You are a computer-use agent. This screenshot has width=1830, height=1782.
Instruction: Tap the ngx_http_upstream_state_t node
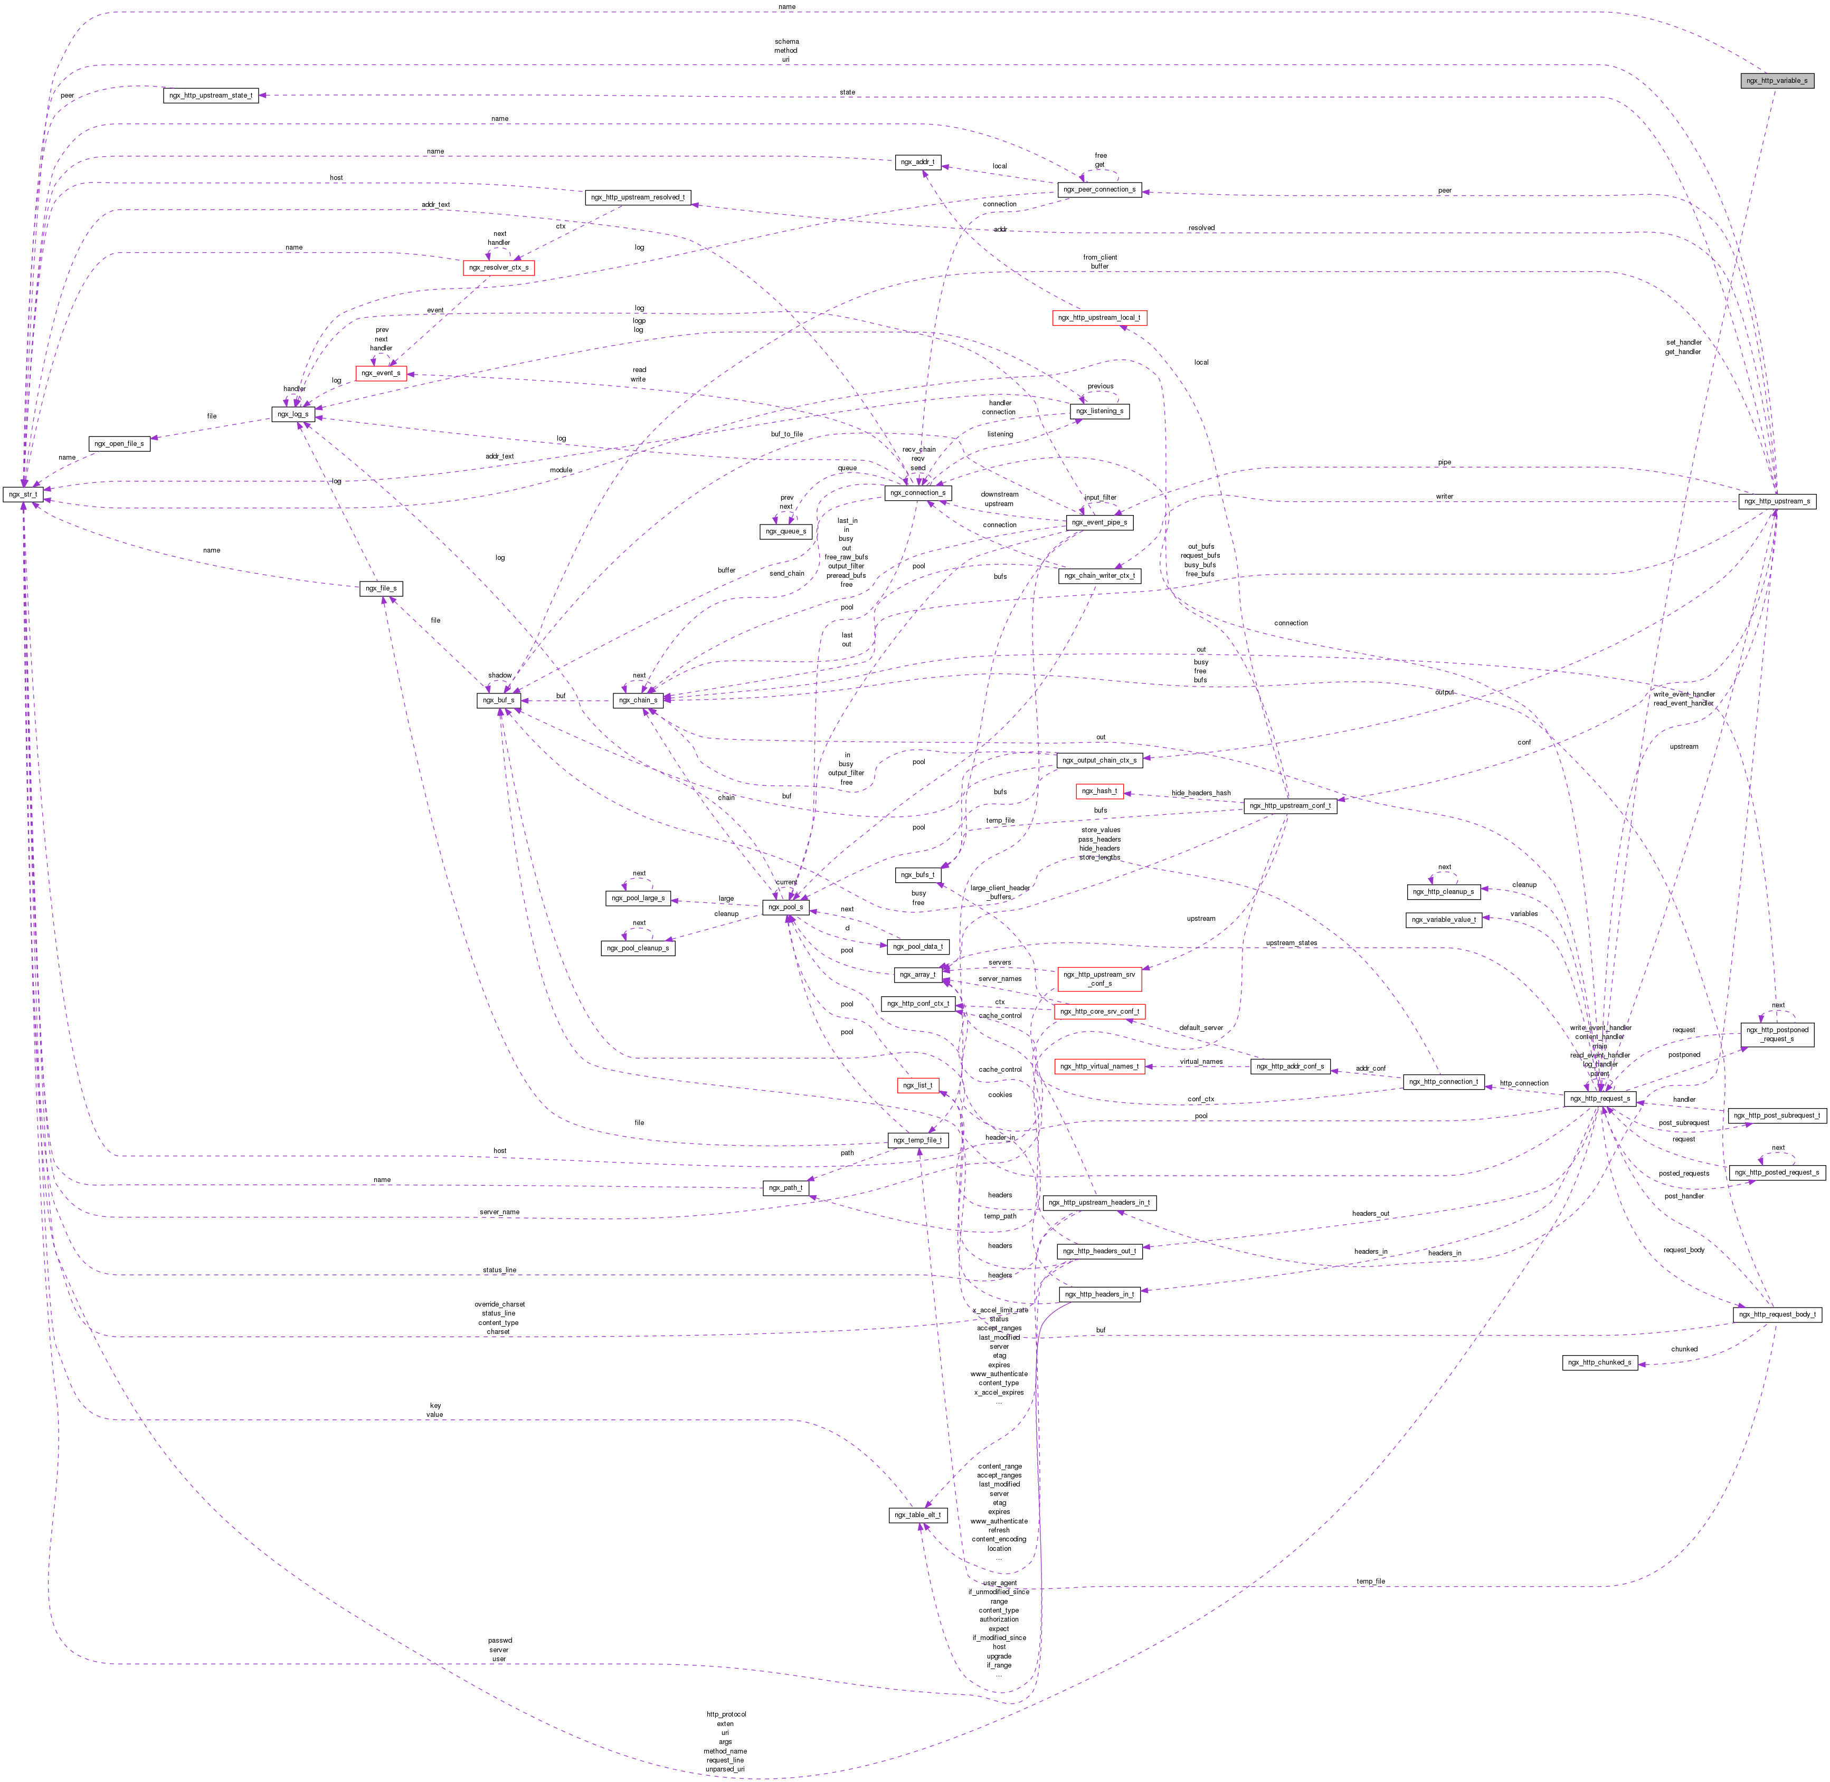(x=211, y=96)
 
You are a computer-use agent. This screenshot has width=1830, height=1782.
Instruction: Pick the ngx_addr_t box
(x=917, y=162)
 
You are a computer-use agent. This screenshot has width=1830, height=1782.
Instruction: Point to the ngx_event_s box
(x=380, y=373)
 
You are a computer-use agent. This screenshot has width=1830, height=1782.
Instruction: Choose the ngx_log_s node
(x=291, y=414)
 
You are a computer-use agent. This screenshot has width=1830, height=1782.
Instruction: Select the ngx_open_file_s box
(x=119, y=444)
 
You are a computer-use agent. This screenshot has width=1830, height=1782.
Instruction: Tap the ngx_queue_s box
(x=785, y=531)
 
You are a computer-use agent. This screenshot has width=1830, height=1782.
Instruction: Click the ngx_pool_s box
(x=785, y=907)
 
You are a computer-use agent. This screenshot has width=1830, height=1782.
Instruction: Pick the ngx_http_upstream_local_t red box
(x=1099, y=317)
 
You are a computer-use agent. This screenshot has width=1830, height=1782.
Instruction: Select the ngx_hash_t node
(x=1099, y=791)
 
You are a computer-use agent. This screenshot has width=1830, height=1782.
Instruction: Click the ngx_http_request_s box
(x=1600, y=1099)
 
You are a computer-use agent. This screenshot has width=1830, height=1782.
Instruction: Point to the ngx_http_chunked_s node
(x=1600, y=1362)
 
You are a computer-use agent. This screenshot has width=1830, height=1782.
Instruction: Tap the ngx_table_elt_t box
(x=917, y=1514)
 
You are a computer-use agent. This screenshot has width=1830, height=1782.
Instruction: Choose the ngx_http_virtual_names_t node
(x=1099, y=1066)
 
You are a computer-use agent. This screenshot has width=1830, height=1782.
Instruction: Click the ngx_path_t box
(x=785, y=1188)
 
